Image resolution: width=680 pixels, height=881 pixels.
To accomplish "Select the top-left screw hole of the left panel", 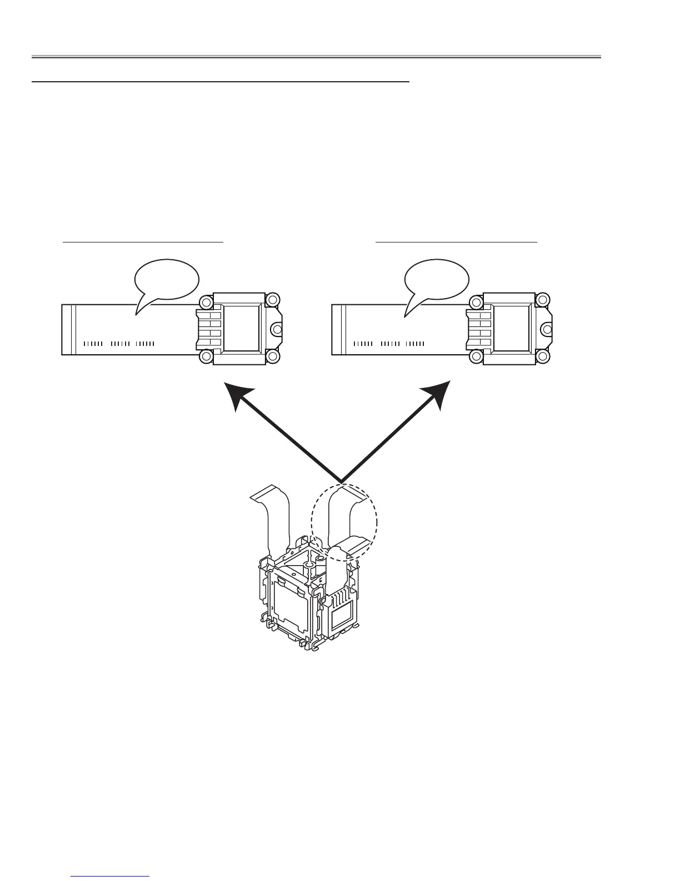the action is (x=205, y=303).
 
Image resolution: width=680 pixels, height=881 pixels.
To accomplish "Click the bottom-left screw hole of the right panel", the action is (x=476, y=357).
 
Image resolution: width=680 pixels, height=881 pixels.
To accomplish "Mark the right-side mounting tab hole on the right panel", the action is (x=547, y=329).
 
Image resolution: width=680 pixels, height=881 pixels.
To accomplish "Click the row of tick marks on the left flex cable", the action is (x=118, y=344).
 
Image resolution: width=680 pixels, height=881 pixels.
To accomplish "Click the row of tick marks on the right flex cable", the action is (x=388, y=344).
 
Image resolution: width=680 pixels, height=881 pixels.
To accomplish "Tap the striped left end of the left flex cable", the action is (x=69, y=329).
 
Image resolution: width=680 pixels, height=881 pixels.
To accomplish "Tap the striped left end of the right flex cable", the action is (x=339, y=329).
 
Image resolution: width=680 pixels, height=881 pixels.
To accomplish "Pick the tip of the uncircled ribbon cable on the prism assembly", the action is (x=261, y=493).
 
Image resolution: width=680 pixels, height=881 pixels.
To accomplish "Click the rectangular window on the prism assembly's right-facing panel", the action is (x=339, y=617).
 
